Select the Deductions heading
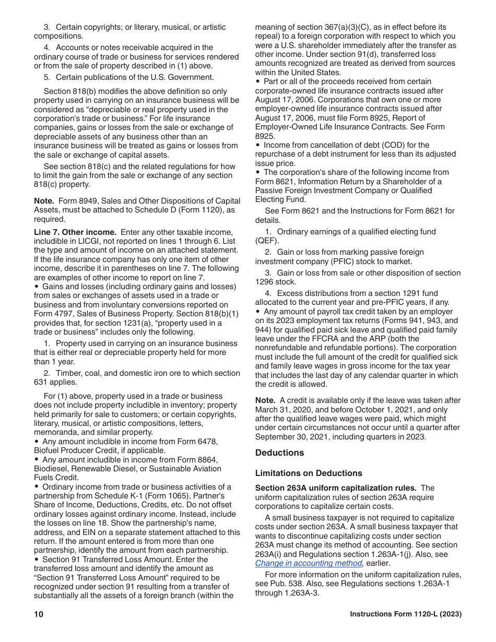(x=279, y=453)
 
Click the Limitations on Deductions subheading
(x=309, y=473)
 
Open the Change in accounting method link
(x=309, y=563)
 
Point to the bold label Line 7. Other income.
(x=75, y=232)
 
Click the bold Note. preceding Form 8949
(x=44, y=201)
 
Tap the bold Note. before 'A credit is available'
(x=265, y=400)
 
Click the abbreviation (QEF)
(x=267, y=241)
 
